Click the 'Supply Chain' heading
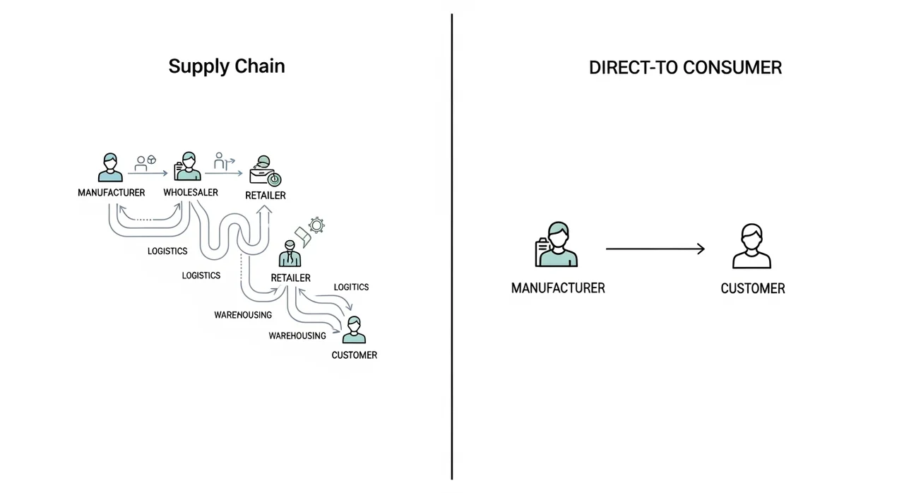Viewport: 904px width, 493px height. pyautogui.click(x=227, y=66)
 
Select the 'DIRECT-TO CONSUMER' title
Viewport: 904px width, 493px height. pyautogui.click(x=685, y=68)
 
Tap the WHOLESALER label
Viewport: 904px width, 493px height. pyautogui.click(x=190, y=192)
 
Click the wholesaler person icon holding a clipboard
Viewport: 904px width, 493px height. pyautogui.click(x=187, y=167)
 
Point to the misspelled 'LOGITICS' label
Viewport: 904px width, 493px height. pyautogui.click(x=351, y=287)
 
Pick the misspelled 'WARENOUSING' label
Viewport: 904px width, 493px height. pyautogui.click(x=243, y=315)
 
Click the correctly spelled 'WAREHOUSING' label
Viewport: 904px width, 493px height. pyautogui.click(x=297, y=335)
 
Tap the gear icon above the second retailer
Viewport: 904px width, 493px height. pyautogui.click(x=316, y=226)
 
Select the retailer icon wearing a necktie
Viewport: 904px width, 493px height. pyautogui.click(x=290, y=254)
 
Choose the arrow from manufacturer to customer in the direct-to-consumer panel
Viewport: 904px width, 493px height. pyautogui.click(x=655, y=249)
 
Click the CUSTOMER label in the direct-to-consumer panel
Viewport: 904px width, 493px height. pyautogui.click(x=752, y=288)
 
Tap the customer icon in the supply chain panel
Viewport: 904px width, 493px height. pyautogui.click(x=354, y=331)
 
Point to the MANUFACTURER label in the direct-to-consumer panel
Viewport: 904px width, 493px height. pyautogui.click(x=558, y=288)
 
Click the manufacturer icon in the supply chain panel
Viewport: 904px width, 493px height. pyautogui.click(x=109, y=167)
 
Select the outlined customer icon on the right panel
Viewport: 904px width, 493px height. pyautogui.click(x=751, y=246)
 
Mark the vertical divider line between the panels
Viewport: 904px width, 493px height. pyautogui.click(x=452, y=246)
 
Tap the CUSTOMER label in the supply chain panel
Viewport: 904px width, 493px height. pyautogui.click(x=354, y=355)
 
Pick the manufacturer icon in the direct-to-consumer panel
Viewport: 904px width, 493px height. pyautogui.click(x=557, y=245)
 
